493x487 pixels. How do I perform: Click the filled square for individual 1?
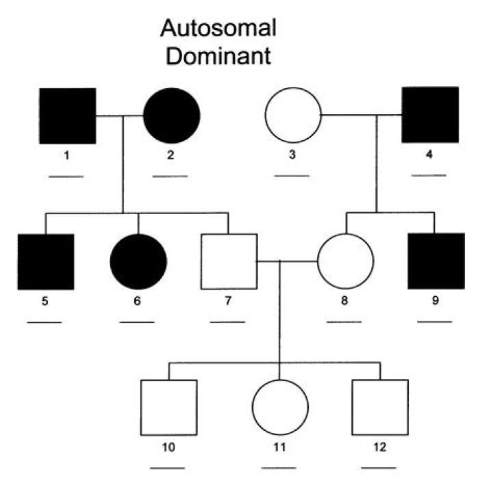67,116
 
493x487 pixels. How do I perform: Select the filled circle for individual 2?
171,116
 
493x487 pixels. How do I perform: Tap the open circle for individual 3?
293,116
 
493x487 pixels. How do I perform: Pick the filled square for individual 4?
430,115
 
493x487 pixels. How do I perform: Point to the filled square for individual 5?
45,261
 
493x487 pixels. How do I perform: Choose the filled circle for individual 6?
138,261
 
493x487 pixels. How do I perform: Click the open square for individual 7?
228,261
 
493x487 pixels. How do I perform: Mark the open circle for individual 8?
345,261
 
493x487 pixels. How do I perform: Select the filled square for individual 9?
435,261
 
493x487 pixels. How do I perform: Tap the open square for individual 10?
168,408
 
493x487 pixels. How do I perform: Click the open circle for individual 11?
280,408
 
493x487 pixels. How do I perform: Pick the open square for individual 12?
380,408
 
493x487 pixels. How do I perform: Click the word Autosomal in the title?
218,29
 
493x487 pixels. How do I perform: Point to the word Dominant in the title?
218,56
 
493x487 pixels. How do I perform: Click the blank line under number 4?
429,176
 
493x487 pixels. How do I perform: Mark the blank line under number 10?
167,468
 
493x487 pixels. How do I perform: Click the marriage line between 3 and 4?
349,116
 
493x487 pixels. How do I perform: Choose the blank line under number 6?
137,321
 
